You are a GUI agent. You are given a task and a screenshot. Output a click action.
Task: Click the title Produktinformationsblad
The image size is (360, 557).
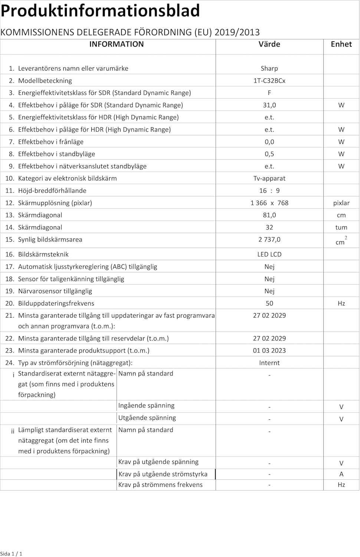point(100,10)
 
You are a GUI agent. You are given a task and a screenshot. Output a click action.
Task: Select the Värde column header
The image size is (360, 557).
point(269,44)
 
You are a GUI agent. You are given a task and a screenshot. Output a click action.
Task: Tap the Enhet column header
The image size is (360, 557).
point(341,44)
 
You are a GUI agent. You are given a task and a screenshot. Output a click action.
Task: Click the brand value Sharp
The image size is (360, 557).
point(269,68)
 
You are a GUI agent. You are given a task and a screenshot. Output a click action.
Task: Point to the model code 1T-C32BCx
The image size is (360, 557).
point(269,81)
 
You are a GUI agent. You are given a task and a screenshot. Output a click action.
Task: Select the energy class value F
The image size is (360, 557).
point(269,93)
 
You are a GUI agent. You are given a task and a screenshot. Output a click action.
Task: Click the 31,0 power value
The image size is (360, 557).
point(269,105)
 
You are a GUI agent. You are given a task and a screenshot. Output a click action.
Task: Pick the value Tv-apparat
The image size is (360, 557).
point(269,178)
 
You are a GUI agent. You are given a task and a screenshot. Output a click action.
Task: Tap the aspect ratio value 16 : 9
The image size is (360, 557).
point(269,190)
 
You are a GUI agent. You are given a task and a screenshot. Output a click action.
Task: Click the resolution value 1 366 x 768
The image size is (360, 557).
point(269,203)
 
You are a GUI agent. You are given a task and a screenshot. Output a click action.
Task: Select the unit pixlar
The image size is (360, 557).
point(341,203)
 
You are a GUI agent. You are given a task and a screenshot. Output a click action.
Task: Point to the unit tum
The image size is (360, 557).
point(341,227)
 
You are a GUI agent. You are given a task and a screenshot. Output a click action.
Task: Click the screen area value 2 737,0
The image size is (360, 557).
point(269,240)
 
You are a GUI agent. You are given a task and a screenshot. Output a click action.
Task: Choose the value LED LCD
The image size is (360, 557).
point(269,254)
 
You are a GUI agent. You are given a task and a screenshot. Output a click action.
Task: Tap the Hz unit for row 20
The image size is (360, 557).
point(341,303)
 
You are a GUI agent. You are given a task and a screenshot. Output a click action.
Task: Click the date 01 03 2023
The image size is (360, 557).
point(269,351)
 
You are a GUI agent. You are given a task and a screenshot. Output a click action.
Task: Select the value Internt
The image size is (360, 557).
point(269,363)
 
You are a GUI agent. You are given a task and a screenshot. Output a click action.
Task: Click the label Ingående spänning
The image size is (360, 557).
point(146,405)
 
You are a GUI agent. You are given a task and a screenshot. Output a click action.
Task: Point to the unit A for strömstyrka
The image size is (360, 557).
point(341,474)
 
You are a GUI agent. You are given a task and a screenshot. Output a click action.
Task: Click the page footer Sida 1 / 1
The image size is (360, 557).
point(11,554)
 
